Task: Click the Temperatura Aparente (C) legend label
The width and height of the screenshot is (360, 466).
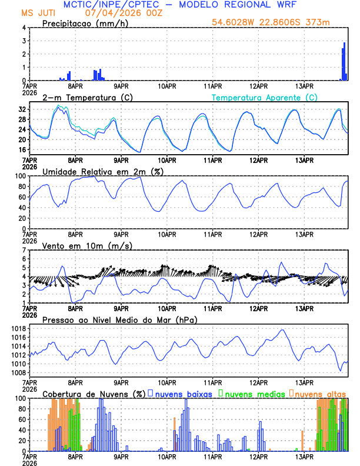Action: click(x=265, y=97)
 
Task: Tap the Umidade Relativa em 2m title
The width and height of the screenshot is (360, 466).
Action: click(x=104, y=171)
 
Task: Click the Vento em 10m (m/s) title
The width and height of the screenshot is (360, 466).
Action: click(x=87, y=245)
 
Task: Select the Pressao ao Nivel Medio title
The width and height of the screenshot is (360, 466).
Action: click(x=119, y=319)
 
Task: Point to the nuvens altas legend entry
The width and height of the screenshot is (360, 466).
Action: click(x=319, y=394)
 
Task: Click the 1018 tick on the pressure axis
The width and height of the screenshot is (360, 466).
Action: click(x=19, y=328)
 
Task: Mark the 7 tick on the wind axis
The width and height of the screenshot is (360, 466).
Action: click(x=25, y=250)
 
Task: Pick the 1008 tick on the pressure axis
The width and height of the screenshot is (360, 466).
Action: click(x=19, y=372)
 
